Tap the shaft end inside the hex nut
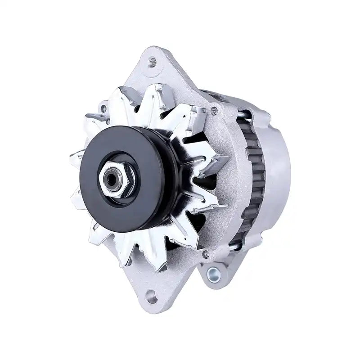(x=110, y=180)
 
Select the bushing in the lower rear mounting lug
(x=211, y=272)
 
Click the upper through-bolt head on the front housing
(x=215, y=110)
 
